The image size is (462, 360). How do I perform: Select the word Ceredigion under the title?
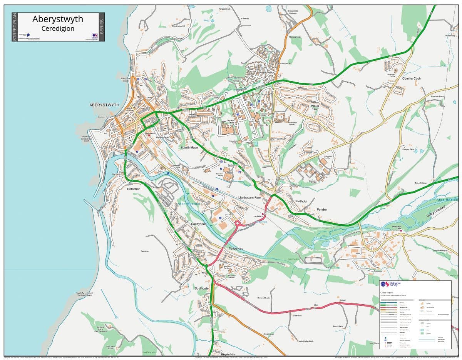58,28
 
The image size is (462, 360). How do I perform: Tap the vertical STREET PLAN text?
15,27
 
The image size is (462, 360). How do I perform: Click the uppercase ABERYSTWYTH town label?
104,105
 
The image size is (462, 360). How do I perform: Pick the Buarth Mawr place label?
189,147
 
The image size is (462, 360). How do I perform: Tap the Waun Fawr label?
315,107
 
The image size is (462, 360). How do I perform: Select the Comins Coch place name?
411,78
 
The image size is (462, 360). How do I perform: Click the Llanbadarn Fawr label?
250,197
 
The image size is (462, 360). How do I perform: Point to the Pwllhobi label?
301,201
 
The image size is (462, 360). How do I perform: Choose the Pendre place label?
321,210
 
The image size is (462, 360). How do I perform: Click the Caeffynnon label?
199,224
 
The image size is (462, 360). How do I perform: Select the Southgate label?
201,288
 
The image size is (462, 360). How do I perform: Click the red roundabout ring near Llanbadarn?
238,223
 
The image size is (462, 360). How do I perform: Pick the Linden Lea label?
296,315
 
